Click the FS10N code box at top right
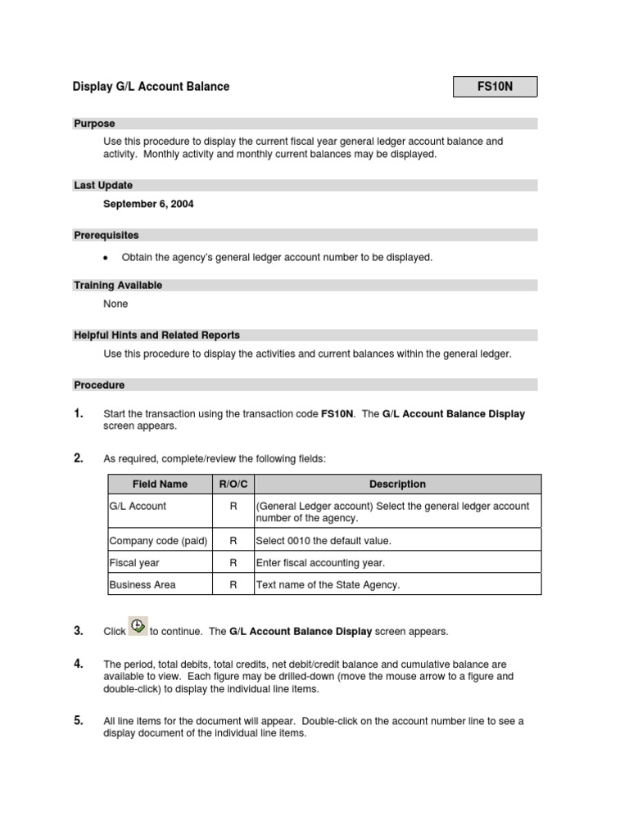(x=496, y=87)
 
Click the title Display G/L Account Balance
(x=152, y=87)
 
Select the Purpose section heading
(x=95, y=124)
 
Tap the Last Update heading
(x=103, y=186)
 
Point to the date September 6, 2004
(x=148, y=204)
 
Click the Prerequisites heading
(x=106, y=235)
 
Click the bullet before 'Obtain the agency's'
(x=106, y=258)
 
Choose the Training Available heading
(x=118, y=286)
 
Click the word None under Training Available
(x=115, y=304)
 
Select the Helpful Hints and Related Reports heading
(x=156, y=335)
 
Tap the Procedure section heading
(x=99, y=385)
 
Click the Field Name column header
(x=160, y=484)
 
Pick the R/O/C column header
(x=233, y=484)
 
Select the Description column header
(x=397, y=484)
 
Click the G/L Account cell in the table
(x=138, y=507)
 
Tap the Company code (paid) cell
(x=158, y=540)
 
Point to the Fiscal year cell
(x=134, y=562)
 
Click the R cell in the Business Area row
(x=233, y=584)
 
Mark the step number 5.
(x=79, y=721)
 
